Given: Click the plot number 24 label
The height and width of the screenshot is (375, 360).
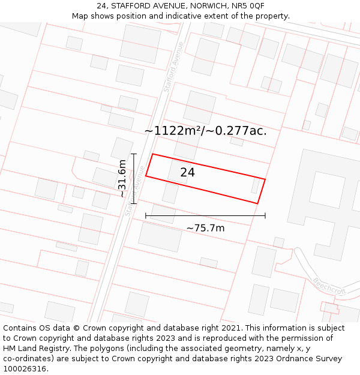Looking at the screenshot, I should point(187,173).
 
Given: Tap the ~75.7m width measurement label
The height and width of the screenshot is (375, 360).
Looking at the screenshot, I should point(205,228).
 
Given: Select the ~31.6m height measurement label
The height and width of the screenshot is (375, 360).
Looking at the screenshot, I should point(122,178).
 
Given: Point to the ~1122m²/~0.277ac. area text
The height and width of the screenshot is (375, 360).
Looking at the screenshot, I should point(205,130).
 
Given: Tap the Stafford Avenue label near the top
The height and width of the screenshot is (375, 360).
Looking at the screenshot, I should point(173,66).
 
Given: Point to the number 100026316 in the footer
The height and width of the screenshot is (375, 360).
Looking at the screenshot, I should point(25,368).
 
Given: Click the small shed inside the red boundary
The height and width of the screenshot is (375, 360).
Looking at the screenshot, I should point(255,185).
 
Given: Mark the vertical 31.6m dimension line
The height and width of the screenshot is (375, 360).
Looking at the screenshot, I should point(134,178).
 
